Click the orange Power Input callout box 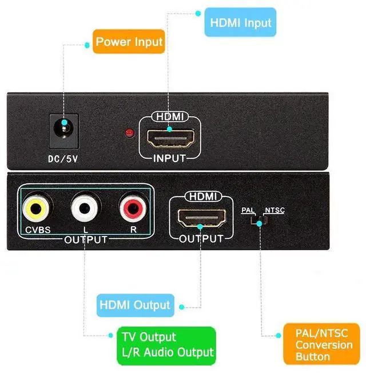tap(129, 41)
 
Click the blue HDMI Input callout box tap(240, 23)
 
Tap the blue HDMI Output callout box tap(134, 305)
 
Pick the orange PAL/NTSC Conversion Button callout tap(323, 344)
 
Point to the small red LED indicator tap(129, 134)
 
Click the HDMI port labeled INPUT tap(171, 138)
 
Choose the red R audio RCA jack tap(133, 209)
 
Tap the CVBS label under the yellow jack tap(38, 230)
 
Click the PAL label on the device tap(248, 211)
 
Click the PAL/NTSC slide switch tap(261, 220)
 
